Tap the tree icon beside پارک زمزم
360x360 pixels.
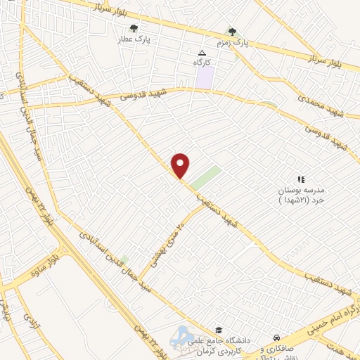pos(233,32)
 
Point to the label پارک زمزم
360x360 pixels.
pos(233,44)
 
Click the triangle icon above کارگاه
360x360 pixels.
pos(202,53)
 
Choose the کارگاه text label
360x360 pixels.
pos(202,63)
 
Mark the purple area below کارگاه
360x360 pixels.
pos(204,77)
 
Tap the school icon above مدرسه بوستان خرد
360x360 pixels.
pos(301,180)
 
